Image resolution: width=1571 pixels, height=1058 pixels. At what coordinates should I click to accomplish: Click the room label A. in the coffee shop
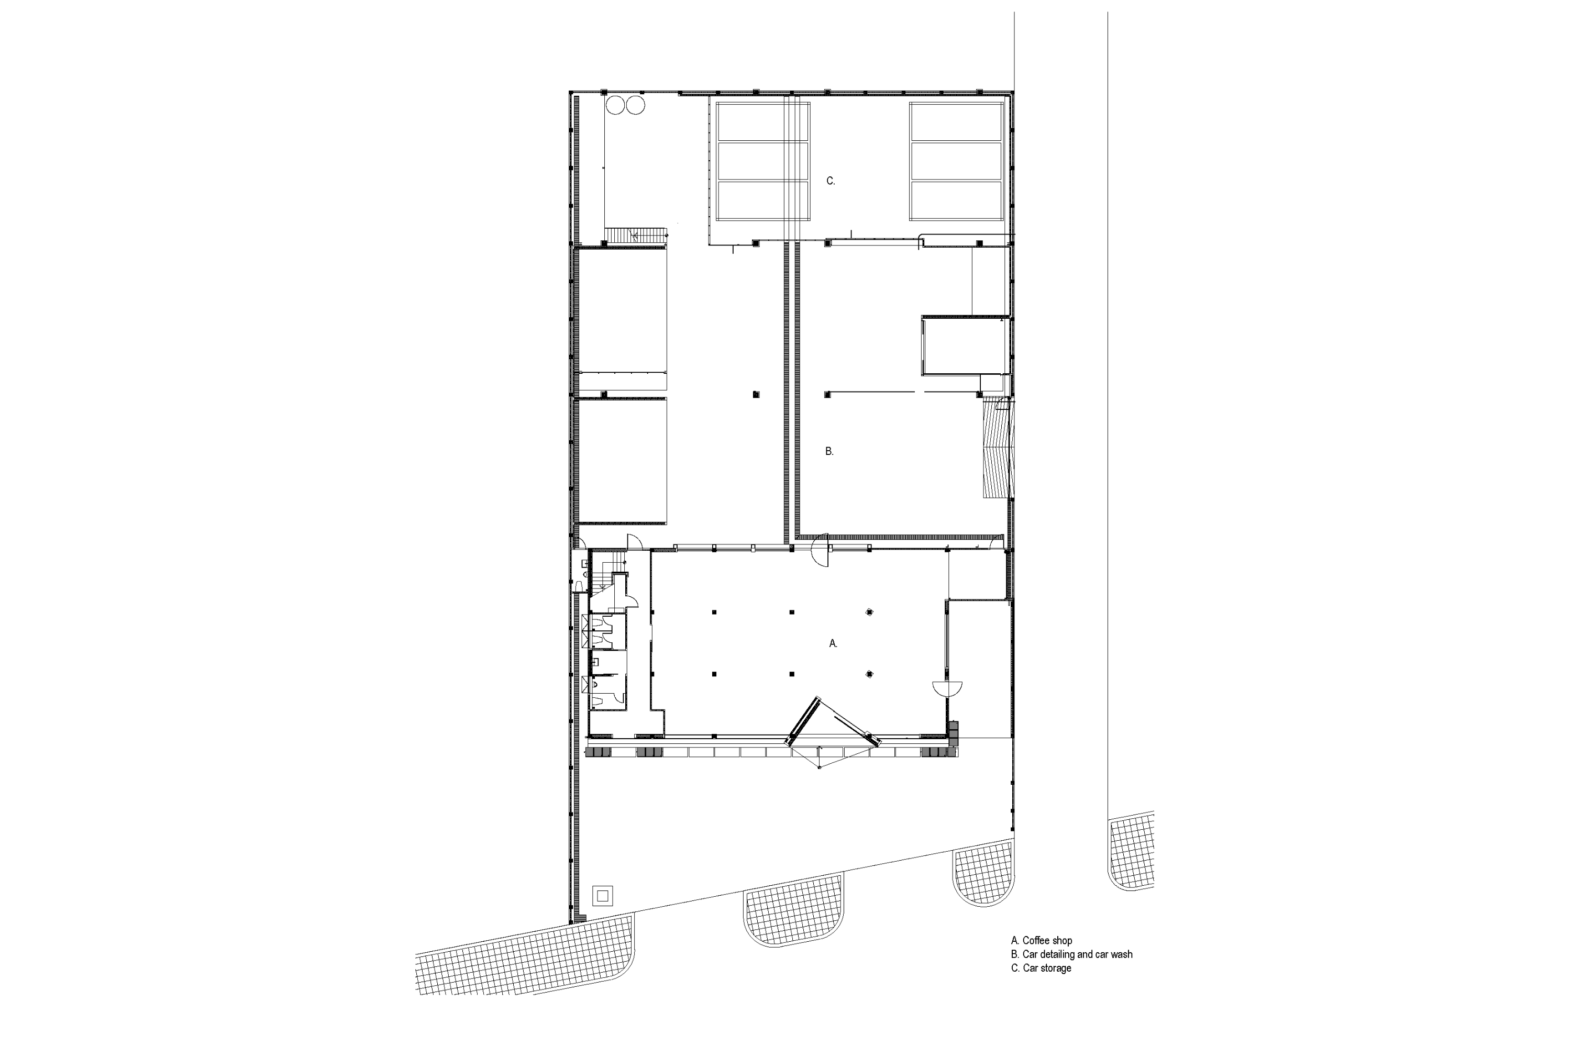click(x=833, y=644)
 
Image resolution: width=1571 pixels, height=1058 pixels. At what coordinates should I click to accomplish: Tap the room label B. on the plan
click(x=829, y=451)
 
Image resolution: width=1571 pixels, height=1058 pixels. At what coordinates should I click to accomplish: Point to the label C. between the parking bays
click(x=831, y=181)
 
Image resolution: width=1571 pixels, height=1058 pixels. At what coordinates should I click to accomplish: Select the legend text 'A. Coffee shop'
click(x=1041, y=940)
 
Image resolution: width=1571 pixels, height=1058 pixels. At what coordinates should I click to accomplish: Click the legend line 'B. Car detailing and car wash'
click(x=1071, y=954)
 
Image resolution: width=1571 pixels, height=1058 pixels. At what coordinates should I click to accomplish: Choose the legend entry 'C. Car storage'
click(x=1041, y=967)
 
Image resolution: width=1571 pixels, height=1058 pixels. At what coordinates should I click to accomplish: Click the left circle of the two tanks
click(x=143, y=105)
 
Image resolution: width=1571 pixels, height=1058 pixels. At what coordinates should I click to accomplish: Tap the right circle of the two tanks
click(x=163, y=105)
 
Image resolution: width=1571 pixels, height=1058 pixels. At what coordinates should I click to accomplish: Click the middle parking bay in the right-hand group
click(x=956, y=161)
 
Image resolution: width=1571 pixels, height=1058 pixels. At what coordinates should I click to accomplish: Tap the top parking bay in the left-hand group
click(x=762, y=122)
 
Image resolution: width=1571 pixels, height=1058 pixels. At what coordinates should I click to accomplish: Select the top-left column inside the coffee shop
click(x=714, y=612)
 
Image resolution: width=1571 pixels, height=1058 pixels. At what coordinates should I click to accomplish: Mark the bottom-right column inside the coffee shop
click(x=869, y=674)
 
